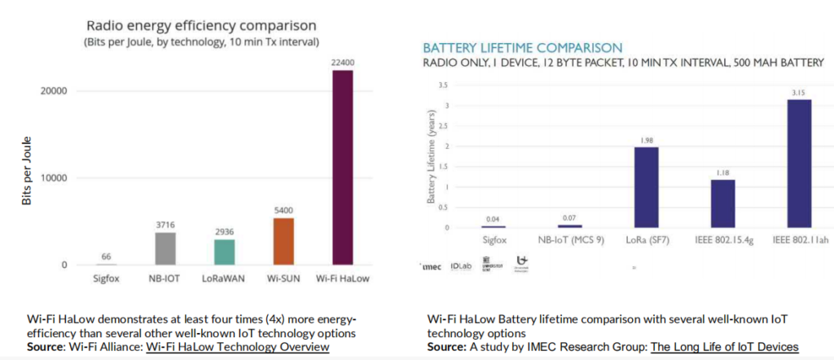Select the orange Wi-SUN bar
(283, 241)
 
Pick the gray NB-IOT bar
(165, 248)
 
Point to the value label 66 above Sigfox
(107, 257)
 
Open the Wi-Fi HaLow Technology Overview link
(237, 348)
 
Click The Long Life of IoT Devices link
(724, 348)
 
